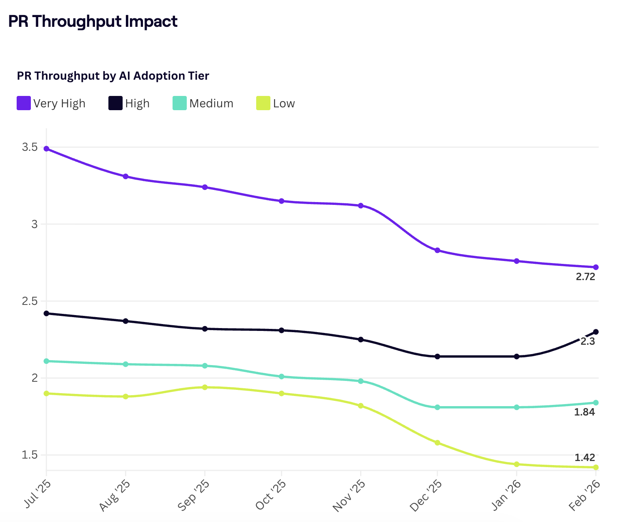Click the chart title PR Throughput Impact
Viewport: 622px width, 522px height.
pyautogui.click(x=93, y=22)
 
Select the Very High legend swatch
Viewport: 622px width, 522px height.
pyautogui.click(x=24, y=103)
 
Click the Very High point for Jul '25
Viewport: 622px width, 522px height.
pyautogui.click(x=46, y=149)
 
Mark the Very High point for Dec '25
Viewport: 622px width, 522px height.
pyautogui.click(x=437, y=250)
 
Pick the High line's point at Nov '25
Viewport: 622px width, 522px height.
pyautogui.click(x=361, y=339)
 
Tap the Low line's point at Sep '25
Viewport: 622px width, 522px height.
pyautogui.click(x=205, y=387)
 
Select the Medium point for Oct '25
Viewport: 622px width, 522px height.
pyautogui.click(x=281, y=376)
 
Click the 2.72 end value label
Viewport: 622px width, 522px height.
pyautogui.click(x=585, y=277)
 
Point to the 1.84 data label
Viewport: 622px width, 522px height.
pyautogui.click(x=584, y=412)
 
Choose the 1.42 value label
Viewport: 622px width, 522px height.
pyautogui.click(x=585, y=458)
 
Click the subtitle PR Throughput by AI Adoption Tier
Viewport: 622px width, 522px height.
pyautogui.click(x=113, y=76)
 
